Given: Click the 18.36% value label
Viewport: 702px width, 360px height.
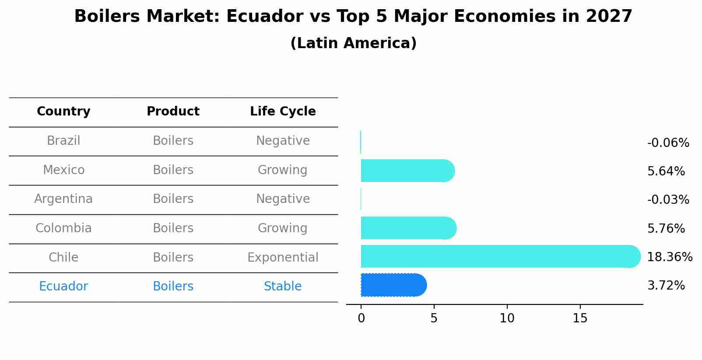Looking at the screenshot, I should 669,257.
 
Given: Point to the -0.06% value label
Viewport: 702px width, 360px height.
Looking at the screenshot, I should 668,143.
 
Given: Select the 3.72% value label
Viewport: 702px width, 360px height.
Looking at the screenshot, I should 666,286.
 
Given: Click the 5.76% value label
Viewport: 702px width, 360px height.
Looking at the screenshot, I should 666,229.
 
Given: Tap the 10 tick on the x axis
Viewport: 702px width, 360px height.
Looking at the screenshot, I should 507,318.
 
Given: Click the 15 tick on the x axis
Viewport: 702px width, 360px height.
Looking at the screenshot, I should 580,318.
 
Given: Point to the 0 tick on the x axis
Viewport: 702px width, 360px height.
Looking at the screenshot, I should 361,318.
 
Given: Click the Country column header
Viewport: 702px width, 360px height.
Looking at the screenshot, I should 63,112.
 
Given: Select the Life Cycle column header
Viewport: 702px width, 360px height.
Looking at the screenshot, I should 283,112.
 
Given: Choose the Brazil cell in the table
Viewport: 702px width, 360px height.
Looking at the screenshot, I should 63,141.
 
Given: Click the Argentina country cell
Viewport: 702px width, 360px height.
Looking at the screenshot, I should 63,199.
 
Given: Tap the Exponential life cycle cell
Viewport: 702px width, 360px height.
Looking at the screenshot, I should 283,258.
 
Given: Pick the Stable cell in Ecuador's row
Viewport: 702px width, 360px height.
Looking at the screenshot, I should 283,287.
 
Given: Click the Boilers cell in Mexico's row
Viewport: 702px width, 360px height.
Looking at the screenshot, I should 173,170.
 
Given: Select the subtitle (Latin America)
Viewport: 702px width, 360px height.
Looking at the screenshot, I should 353,43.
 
